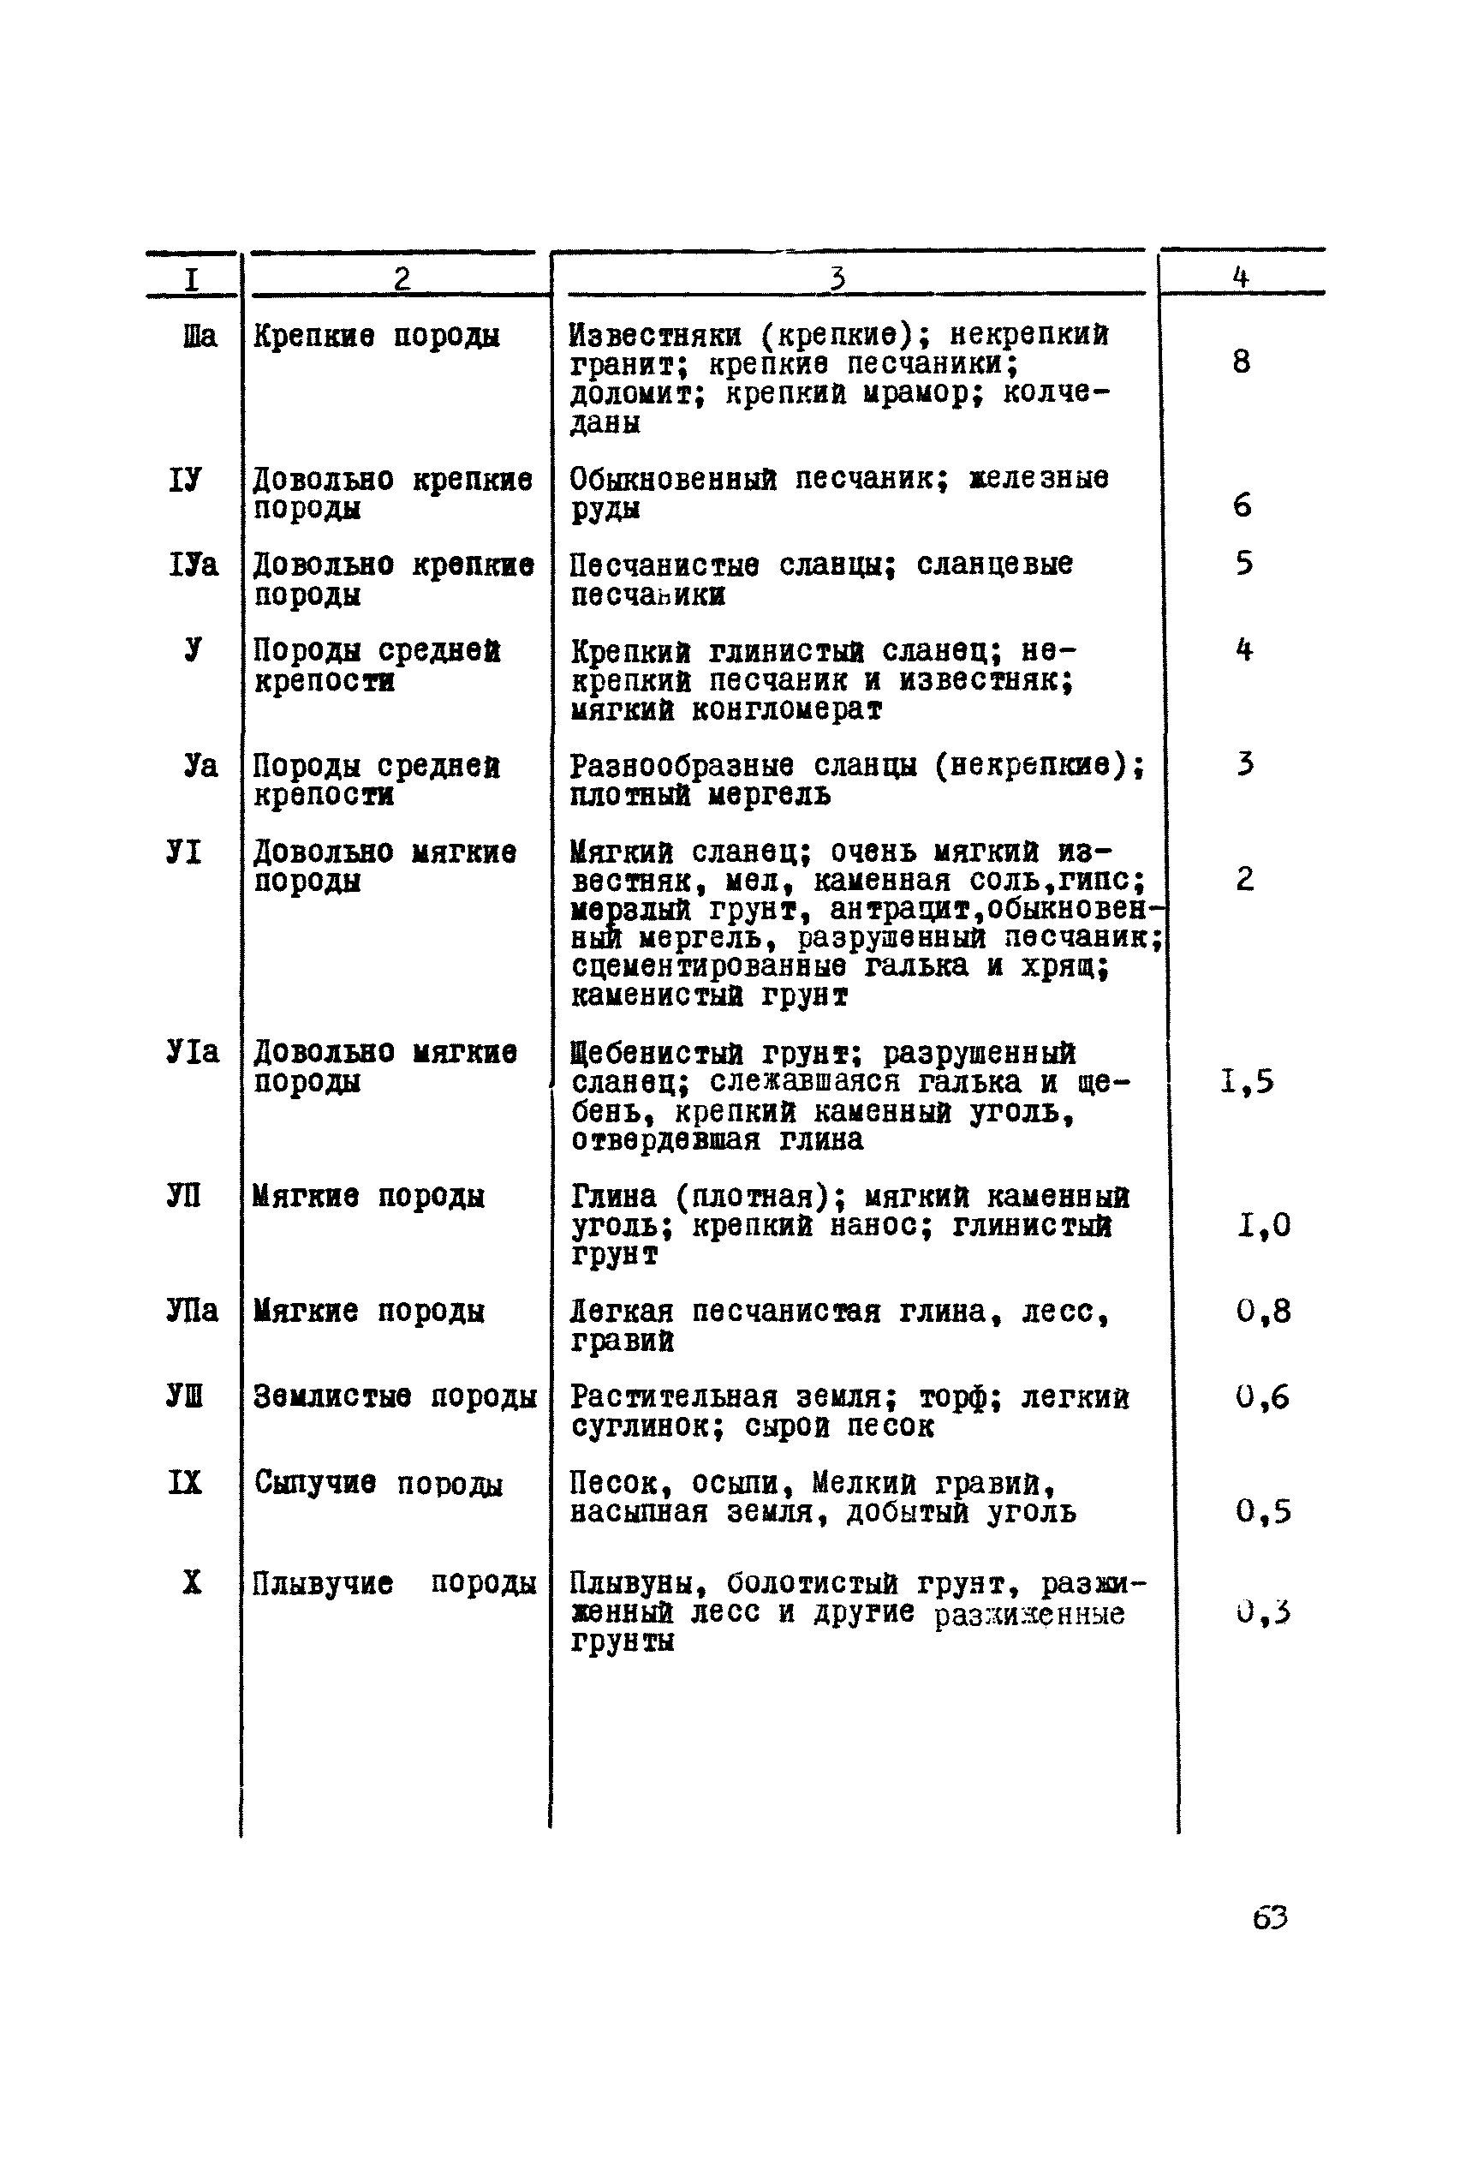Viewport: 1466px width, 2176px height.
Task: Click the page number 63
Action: coord(1270,1918)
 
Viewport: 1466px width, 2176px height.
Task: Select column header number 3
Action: coord(837,278)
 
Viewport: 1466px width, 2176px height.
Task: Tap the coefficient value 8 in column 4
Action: coord(1241,361)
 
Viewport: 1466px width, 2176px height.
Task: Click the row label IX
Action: coord(184,1482)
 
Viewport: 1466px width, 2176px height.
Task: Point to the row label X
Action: coord(191,1581)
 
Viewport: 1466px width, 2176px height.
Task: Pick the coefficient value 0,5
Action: coord(1262,1511)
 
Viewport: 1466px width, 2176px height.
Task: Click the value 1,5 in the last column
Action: coord(1248,1082)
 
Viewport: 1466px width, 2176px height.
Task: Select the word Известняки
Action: coord(655,335)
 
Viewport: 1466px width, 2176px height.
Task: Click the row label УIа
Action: coord(193,1052)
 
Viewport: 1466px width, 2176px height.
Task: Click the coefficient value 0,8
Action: coord(1262,1311)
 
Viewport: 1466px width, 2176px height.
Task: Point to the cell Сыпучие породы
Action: coord(378,1483)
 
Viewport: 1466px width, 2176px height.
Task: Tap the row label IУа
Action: coord(194,564)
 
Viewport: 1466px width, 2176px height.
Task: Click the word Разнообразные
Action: coord(682,766)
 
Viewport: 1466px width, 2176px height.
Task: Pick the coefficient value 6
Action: coord(1242,505)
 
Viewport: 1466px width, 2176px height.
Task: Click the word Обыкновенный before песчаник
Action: coord(673,479)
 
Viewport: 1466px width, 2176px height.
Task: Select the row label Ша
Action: coord(200,335)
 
